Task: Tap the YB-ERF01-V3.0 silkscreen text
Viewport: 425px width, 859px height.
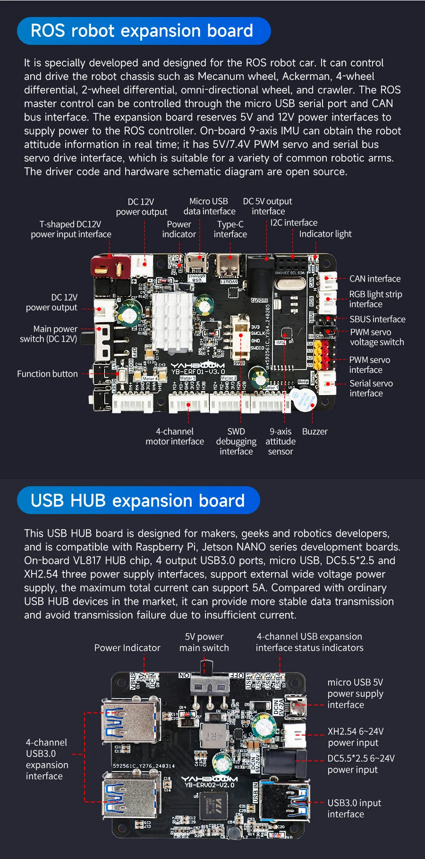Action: coord(198,371)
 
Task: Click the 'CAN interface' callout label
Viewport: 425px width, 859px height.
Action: coord(375,279)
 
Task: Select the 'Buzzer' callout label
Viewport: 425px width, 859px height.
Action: coord(314,431)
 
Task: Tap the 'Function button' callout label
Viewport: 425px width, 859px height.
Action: coord(47,374)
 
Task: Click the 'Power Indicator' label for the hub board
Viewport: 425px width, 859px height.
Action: coord(127,648)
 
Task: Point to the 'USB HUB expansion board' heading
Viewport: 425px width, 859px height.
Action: coord(138,500)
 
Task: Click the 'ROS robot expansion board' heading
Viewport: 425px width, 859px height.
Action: coord(142,31)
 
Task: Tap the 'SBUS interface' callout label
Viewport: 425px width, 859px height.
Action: coord(377,319)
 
